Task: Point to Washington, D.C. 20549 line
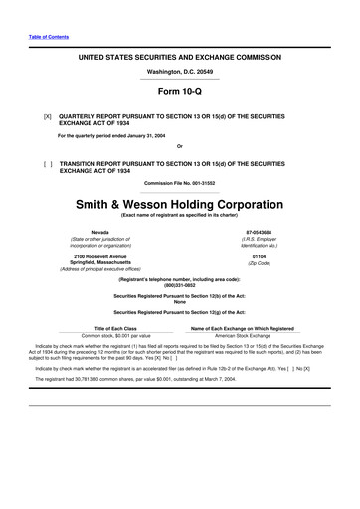179,72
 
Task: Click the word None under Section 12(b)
179,302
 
